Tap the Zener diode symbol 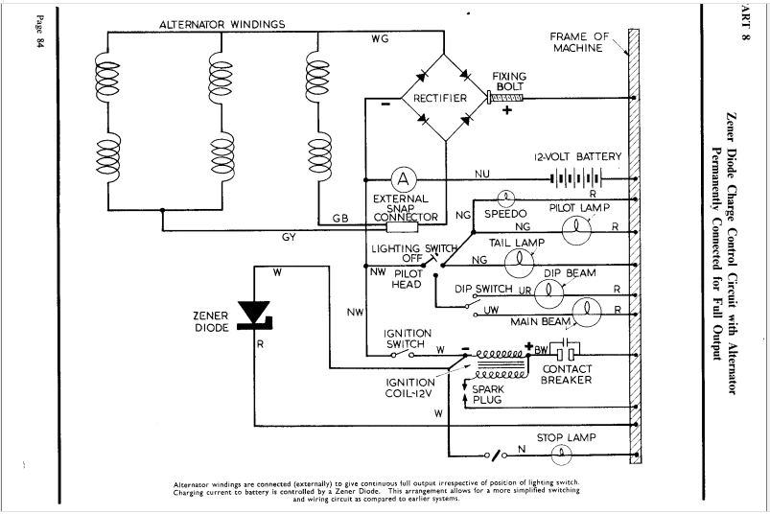click(254, 315)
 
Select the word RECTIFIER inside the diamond click(440, 98)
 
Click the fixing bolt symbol click(505, 98)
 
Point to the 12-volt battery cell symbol click(576, 178)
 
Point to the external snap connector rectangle click(403, 227)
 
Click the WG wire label click(380, 38)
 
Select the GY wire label click(289, 237)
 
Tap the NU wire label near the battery click(481, 174)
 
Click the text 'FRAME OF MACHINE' click(579, 42)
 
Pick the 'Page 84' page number click(39, 32)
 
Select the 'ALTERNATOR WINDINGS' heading click(222, 24)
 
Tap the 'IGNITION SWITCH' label click(408, 339)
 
